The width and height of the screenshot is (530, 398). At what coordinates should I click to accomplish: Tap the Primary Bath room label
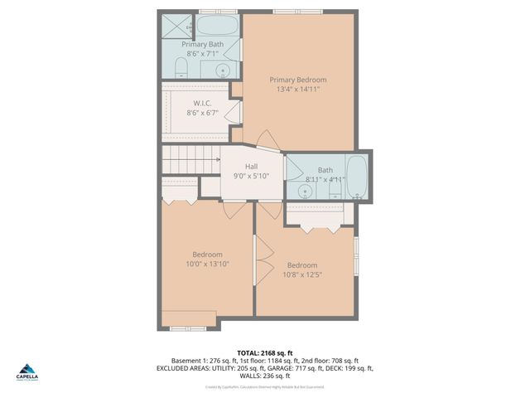point(203,44)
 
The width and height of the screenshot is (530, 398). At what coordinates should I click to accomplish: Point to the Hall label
point(251,166)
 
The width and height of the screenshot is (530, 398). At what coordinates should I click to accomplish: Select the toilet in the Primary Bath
point(181,67)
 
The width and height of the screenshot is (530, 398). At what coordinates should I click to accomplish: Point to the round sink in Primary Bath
point(223,70)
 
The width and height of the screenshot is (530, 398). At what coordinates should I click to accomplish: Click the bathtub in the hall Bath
point(357,174)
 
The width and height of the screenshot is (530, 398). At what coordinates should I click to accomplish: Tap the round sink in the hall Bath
point(306,192)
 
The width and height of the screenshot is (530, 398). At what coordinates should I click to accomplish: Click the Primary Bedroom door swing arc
point(266,139)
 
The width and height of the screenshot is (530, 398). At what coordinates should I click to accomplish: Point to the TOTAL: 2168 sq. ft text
point(265,352)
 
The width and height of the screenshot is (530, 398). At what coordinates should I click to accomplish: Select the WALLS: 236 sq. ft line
point(265,376)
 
